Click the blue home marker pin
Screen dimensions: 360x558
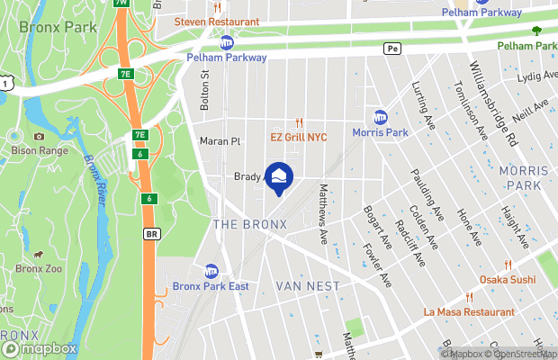(x=280, y=179)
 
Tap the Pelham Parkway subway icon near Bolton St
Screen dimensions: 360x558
(x=228, y=41)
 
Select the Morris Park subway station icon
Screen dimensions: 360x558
(x=381, y=118)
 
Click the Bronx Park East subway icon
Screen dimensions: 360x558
(x=211, y=271)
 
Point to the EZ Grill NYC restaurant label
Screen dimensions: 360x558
(x=299, y=138)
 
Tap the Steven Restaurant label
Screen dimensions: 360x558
(x=217, y=21)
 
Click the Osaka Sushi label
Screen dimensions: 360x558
(x=508, y=280)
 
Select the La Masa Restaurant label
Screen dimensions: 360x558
(x=470, y=311)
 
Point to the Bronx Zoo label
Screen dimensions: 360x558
(x=40, y=268)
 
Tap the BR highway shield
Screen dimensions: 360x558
(x=151, y=233)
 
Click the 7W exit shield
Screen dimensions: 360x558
(x=121, y=3)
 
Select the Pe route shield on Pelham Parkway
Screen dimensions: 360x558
(x=391, y=49)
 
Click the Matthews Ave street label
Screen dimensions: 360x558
(x=323, y=214)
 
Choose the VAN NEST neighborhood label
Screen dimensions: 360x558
(x=309, y=286)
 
